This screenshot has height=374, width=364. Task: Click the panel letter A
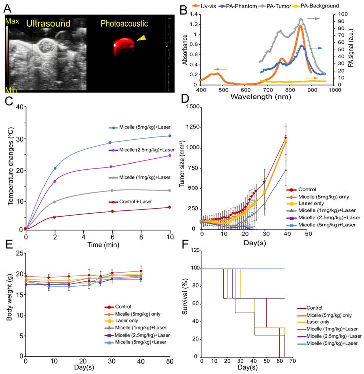click(8, 7)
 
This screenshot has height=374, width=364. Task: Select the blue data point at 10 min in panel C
click(170, 136)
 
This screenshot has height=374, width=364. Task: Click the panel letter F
click(186, 245)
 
